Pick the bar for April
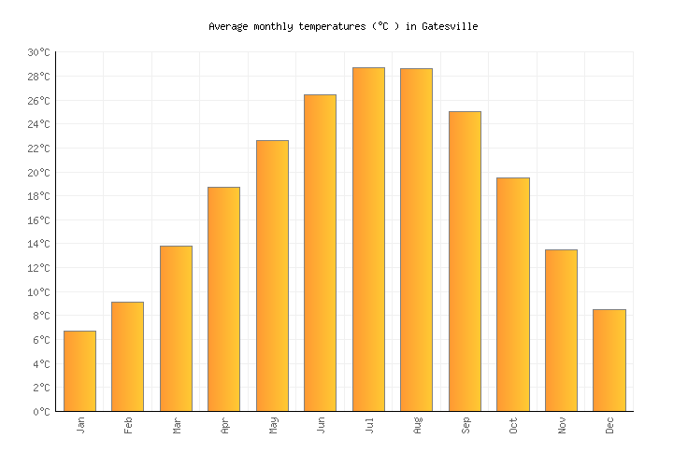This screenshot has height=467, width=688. click(223, 299)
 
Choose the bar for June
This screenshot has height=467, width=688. click(320, 252)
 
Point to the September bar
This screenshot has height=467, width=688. click(465, 261)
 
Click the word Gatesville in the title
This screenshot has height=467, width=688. click(450, 27)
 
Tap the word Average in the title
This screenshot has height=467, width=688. click(228, 27)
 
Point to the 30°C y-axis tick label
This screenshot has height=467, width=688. click(38, 53)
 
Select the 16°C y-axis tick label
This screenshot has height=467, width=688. click(38, 220)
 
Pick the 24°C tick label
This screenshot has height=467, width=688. click(38, 125)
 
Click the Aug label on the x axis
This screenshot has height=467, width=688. click(418, 426)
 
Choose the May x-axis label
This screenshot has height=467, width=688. click(273, 426)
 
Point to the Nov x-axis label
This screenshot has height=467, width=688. click(562, 426)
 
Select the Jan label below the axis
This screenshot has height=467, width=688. click(80, 425)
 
